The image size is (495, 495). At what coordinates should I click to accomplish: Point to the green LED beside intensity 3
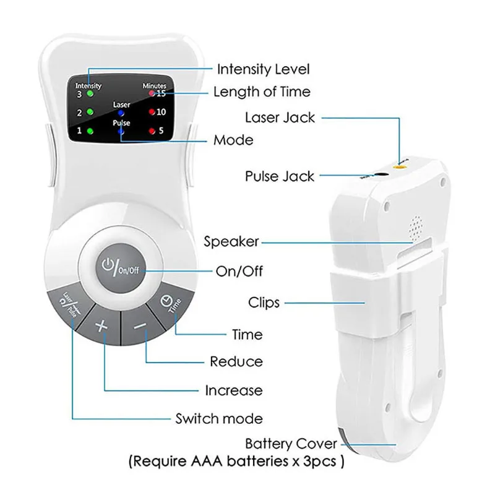pyautogui.click(x=90, y=94)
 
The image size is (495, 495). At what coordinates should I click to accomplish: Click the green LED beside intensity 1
pyautogui.click(x=90, y=131)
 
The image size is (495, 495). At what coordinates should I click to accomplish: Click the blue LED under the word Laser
pyautogui.click(x=121, y=114)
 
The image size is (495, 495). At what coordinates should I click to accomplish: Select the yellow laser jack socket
pyautogui.click(x=400, y=165)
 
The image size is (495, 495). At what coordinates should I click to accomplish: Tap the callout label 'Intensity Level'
pyautogui.click(x=262, y=69)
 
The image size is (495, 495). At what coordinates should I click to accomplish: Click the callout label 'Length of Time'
pyautogui.click(x=262, y=92)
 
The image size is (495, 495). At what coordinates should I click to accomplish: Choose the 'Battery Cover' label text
pyautogui.click(x=291, y=444)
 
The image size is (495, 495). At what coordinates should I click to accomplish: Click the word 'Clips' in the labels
pyautogui.click(x=264, y=303)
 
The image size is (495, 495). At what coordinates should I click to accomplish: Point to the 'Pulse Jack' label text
pyautogui.click(x=280, y=176)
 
